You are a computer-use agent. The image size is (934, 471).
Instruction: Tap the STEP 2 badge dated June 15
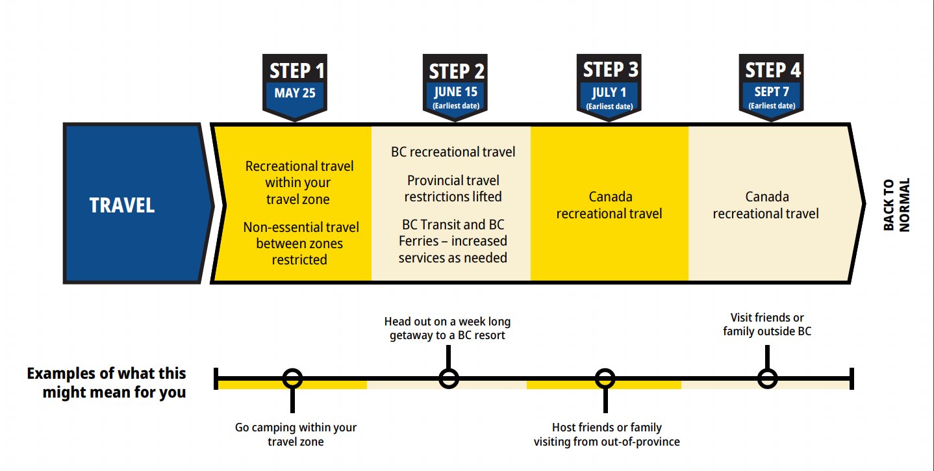click(x=457, y=86)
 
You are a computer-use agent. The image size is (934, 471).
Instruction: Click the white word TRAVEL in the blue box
click(x=122, y=205)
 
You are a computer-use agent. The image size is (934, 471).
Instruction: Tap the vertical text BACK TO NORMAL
click(x=896, y=205)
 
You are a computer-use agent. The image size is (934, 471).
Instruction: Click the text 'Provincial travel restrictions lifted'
click(x=453, y=188)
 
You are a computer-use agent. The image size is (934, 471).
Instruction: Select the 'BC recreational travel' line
click(x=453, y=152)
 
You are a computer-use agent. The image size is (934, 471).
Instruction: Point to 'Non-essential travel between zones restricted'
click(x=300, y=244)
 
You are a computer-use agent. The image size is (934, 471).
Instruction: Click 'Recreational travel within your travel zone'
click(x=299, y=183)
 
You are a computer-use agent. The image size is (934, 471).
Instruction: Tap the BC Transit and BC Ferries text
click(x=453, y=241)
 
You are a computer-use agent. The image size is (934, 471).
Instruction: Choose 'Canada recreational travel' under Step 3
click(x=609, y=205)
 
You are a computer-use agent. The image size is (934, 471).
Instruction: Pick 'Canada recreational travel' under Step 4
click(x=766, y=205)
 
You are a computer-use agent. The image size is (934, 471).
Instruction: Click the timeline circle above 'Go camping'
click(x=293, y=378)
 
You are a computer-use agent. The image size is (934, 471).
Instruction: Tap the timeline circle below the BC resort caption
click(x=448, y=378)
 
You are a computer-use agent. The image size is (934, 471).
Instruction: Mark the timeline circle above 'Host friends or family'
click(x=605, y=378)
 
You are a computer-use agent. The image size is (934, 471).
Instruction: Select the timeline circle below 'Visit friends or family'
click(x=768, y=378)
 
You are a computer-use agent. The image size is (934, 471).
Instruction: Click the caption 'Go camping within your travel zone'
click(x=296, y=435)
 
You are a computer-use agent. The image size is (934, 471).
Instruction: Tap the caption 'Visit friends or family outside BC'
click(x=767, y=324)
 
